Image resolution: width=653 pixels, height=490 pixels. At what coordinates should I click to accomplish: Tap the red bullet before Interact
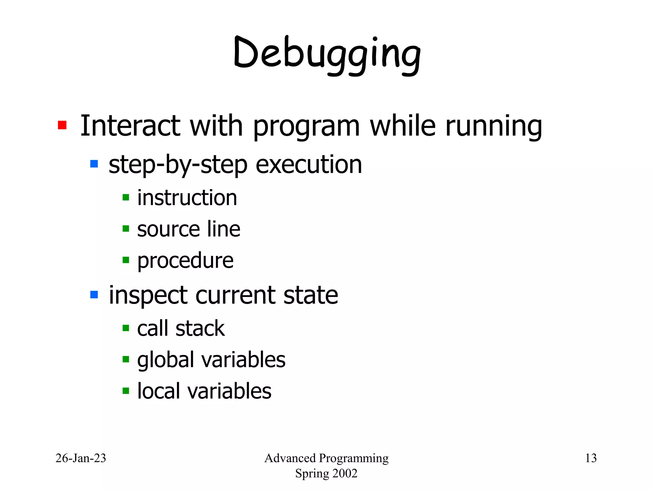click(62, 125)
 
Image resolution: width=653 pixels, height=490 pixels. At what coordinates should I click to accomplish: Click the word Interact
click(130, 126)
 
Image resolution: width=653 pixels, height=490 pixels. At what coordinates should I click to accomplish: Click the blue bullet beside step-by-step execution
click(94, 164)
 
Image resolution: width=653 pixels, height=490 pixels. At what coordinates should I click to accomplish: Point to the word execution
click(309, 165)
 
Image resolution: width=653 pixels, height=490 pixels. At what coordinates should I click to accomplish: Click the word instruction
click(187, 198)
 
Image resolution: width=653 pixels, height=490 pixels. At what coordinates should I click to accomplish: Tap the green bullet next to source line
click(126, 229)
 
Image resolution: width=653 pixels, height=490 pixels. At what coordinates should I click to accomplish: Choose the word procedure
click(185, 261)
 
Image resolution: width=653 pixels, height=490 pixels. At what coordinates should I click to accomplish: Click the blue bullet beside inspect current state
click(94, 294)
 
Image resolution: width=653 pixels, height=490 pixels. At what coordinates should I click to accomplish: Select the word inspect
click(148, 295)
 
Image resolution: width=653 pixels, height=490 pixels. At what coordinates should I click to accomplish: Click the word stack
click(200, 328)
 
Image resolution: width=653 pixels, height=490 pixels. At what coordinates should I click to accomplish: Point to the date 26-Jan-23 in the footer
click(81, 458)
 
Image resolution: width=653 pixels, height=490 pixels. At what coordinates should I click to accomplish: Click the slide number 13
click(591, 458)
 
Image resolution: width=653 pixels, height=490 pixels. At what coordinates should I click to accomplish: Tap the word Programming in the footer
click(354, 458)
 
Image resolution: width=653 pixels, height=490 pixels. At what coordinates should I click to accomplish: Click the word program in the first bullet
click(306, 127)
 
